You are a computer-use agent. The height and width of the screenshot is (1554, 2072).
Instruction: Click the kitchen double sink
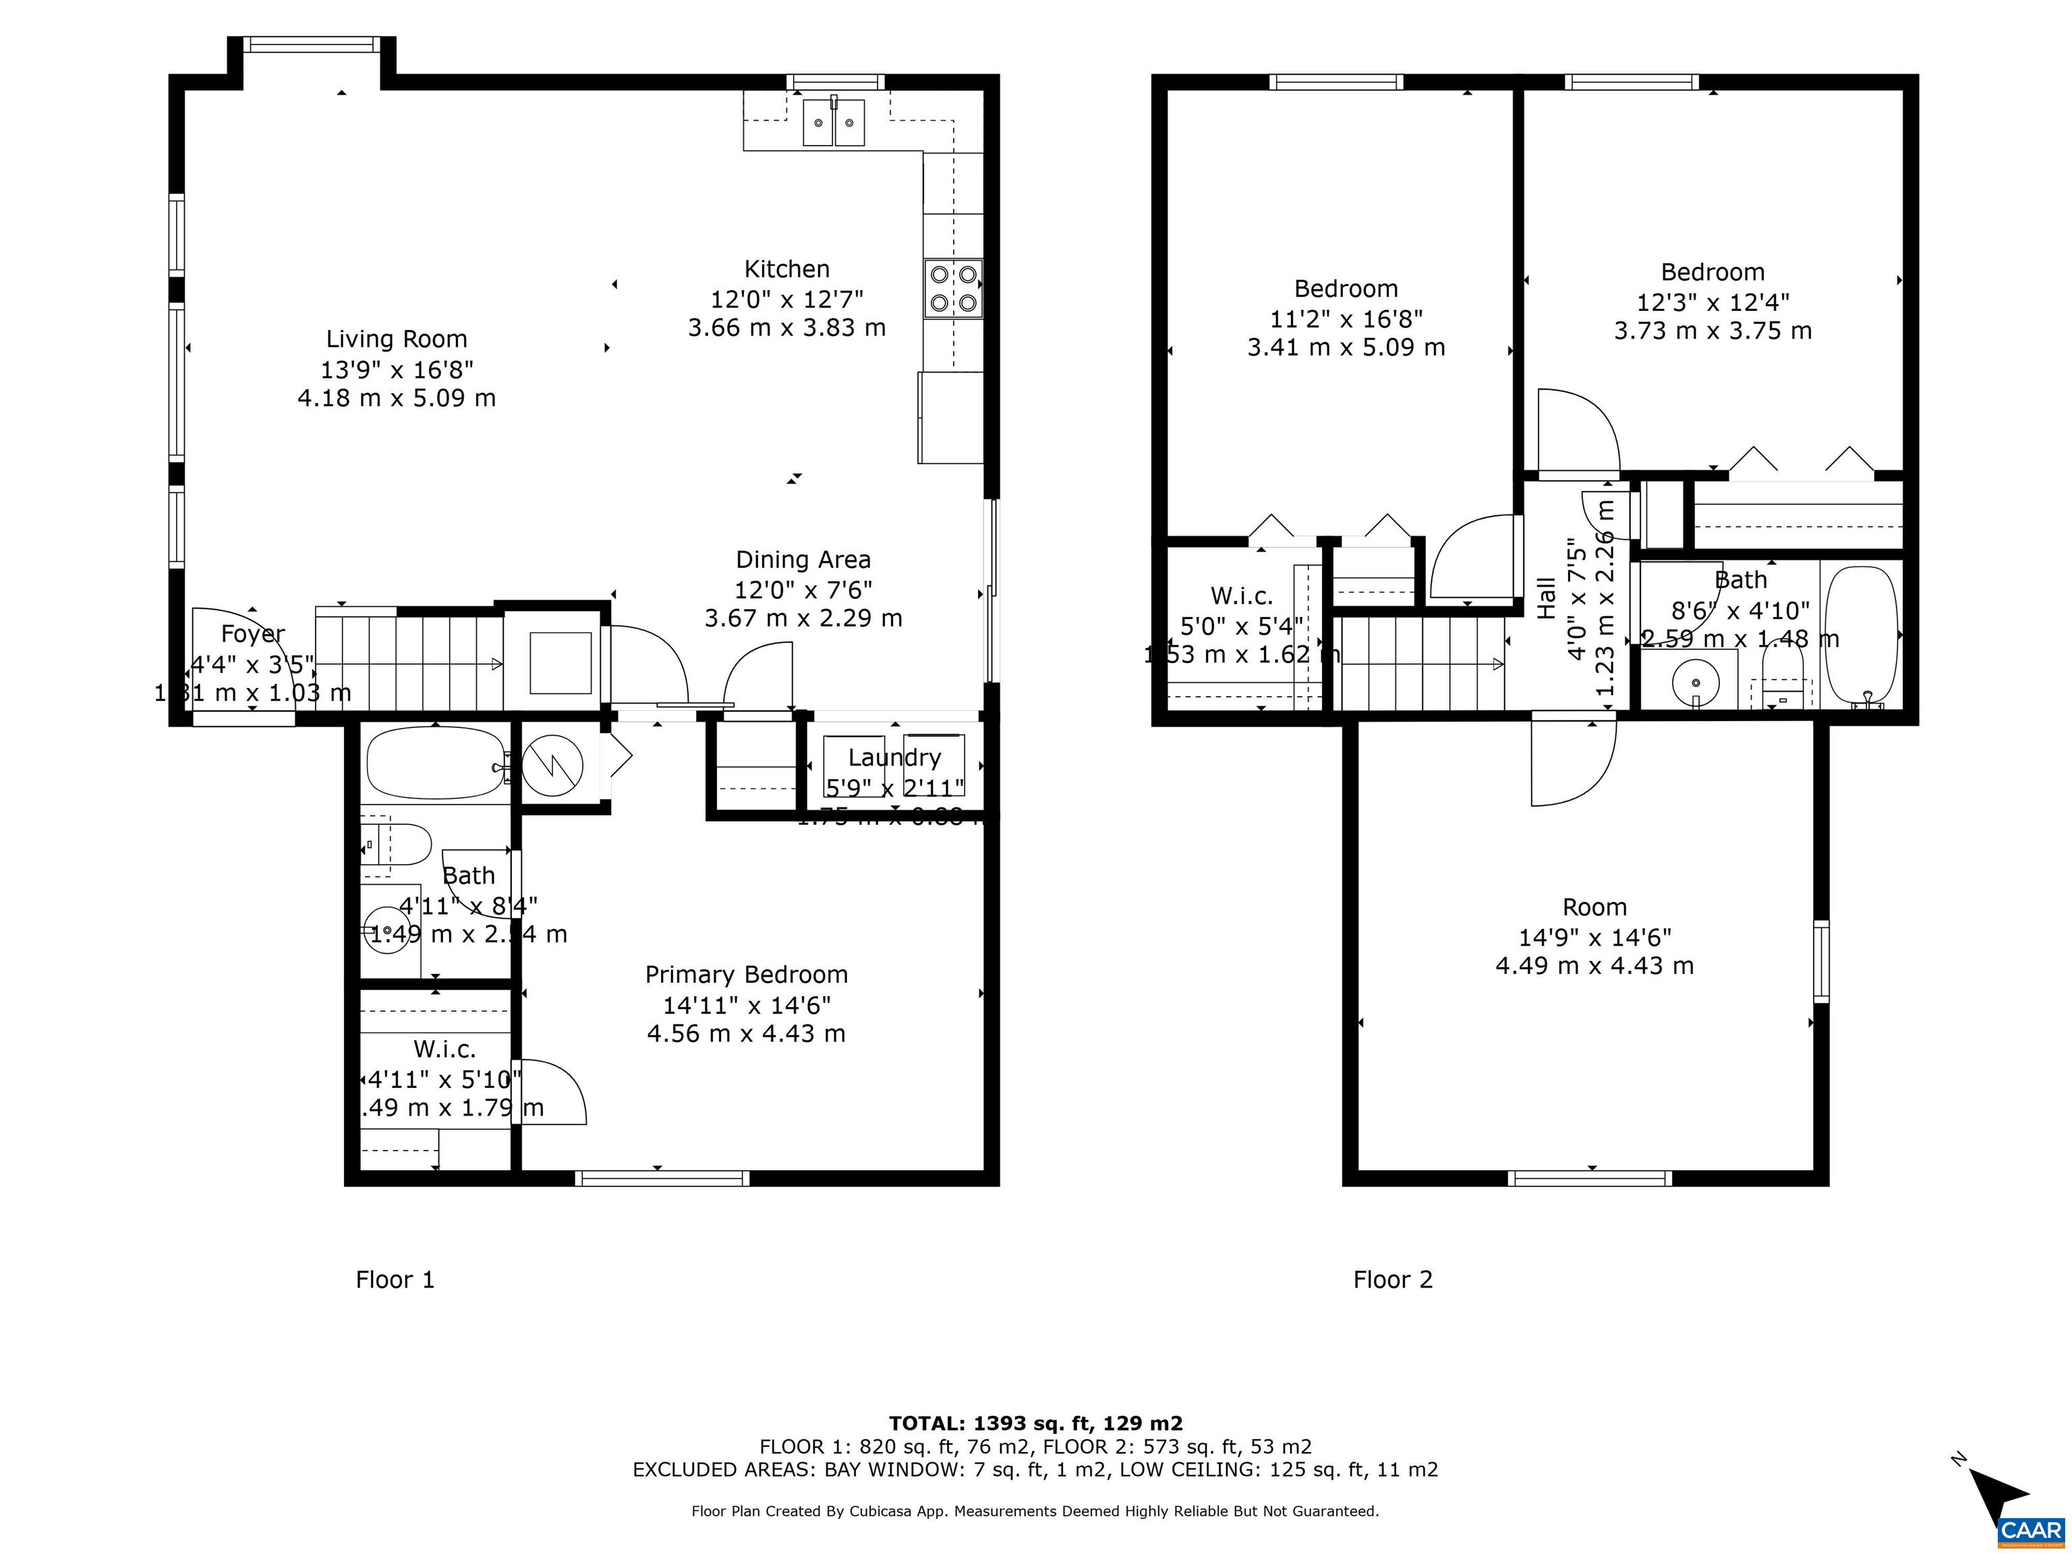click(x=833, y=123)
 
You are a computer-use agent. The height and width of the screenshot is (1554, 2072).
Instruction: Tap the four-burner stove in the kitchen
click(x=952, y=289)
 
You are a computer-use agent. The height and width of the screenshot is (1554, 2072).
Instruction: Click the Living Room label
click(x=396, y=339)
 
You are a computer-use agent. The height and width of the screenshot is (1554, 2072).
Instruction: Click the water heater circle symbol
click(x=552, y=764)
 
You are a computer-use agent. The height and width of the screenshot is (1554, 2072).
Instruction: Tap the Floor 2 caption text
click(x=1392, y=1279)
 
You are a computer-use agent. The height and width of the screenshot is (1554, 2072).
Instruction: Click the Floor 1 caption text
click(x=395, y=1279)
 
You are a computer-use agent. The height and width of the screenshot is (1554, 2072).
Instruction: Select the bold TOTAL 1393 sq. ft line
click(x=1035, y=1424)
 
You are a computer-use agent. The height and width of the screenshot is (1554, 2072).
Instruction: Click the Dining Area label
click(x=803, y=560)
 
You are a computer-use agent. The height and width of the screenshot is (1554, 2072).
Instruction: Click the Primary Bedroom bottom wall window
click(x=662, y=1178)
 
